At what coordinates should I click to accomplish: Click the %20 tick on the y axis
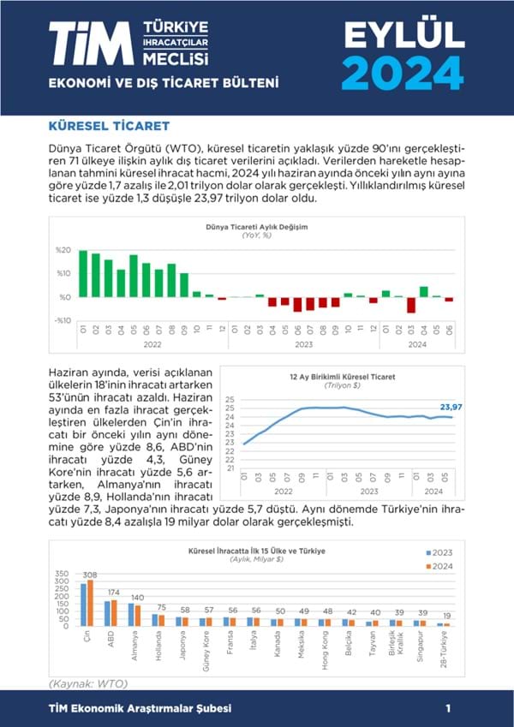(63, 250)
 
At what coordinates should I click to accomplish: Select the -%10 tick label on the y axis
(63, 320)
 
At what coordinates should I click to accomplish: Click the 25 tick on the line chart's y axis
(230, 399)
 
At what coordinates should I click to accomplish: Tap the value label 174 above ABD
(112, 592)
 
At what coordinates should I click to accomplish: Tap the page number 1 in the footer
(448, 709)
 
